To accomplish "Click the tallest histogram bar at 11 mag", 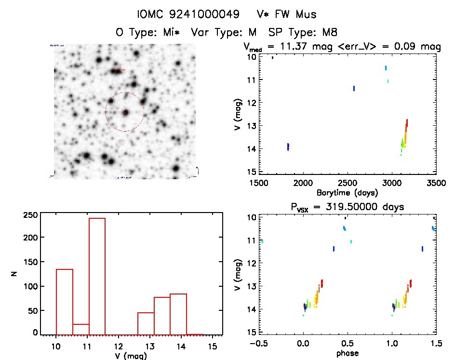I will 97,276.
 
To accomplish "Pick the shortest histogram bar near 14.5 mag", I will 194,333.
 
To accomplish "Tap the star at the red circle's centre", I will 125,112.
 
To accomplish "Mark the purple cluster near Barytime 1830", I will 288,147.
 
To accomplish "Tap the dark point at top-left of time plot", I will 272,57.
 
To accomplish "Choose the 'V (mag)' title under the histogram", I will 128,356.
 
